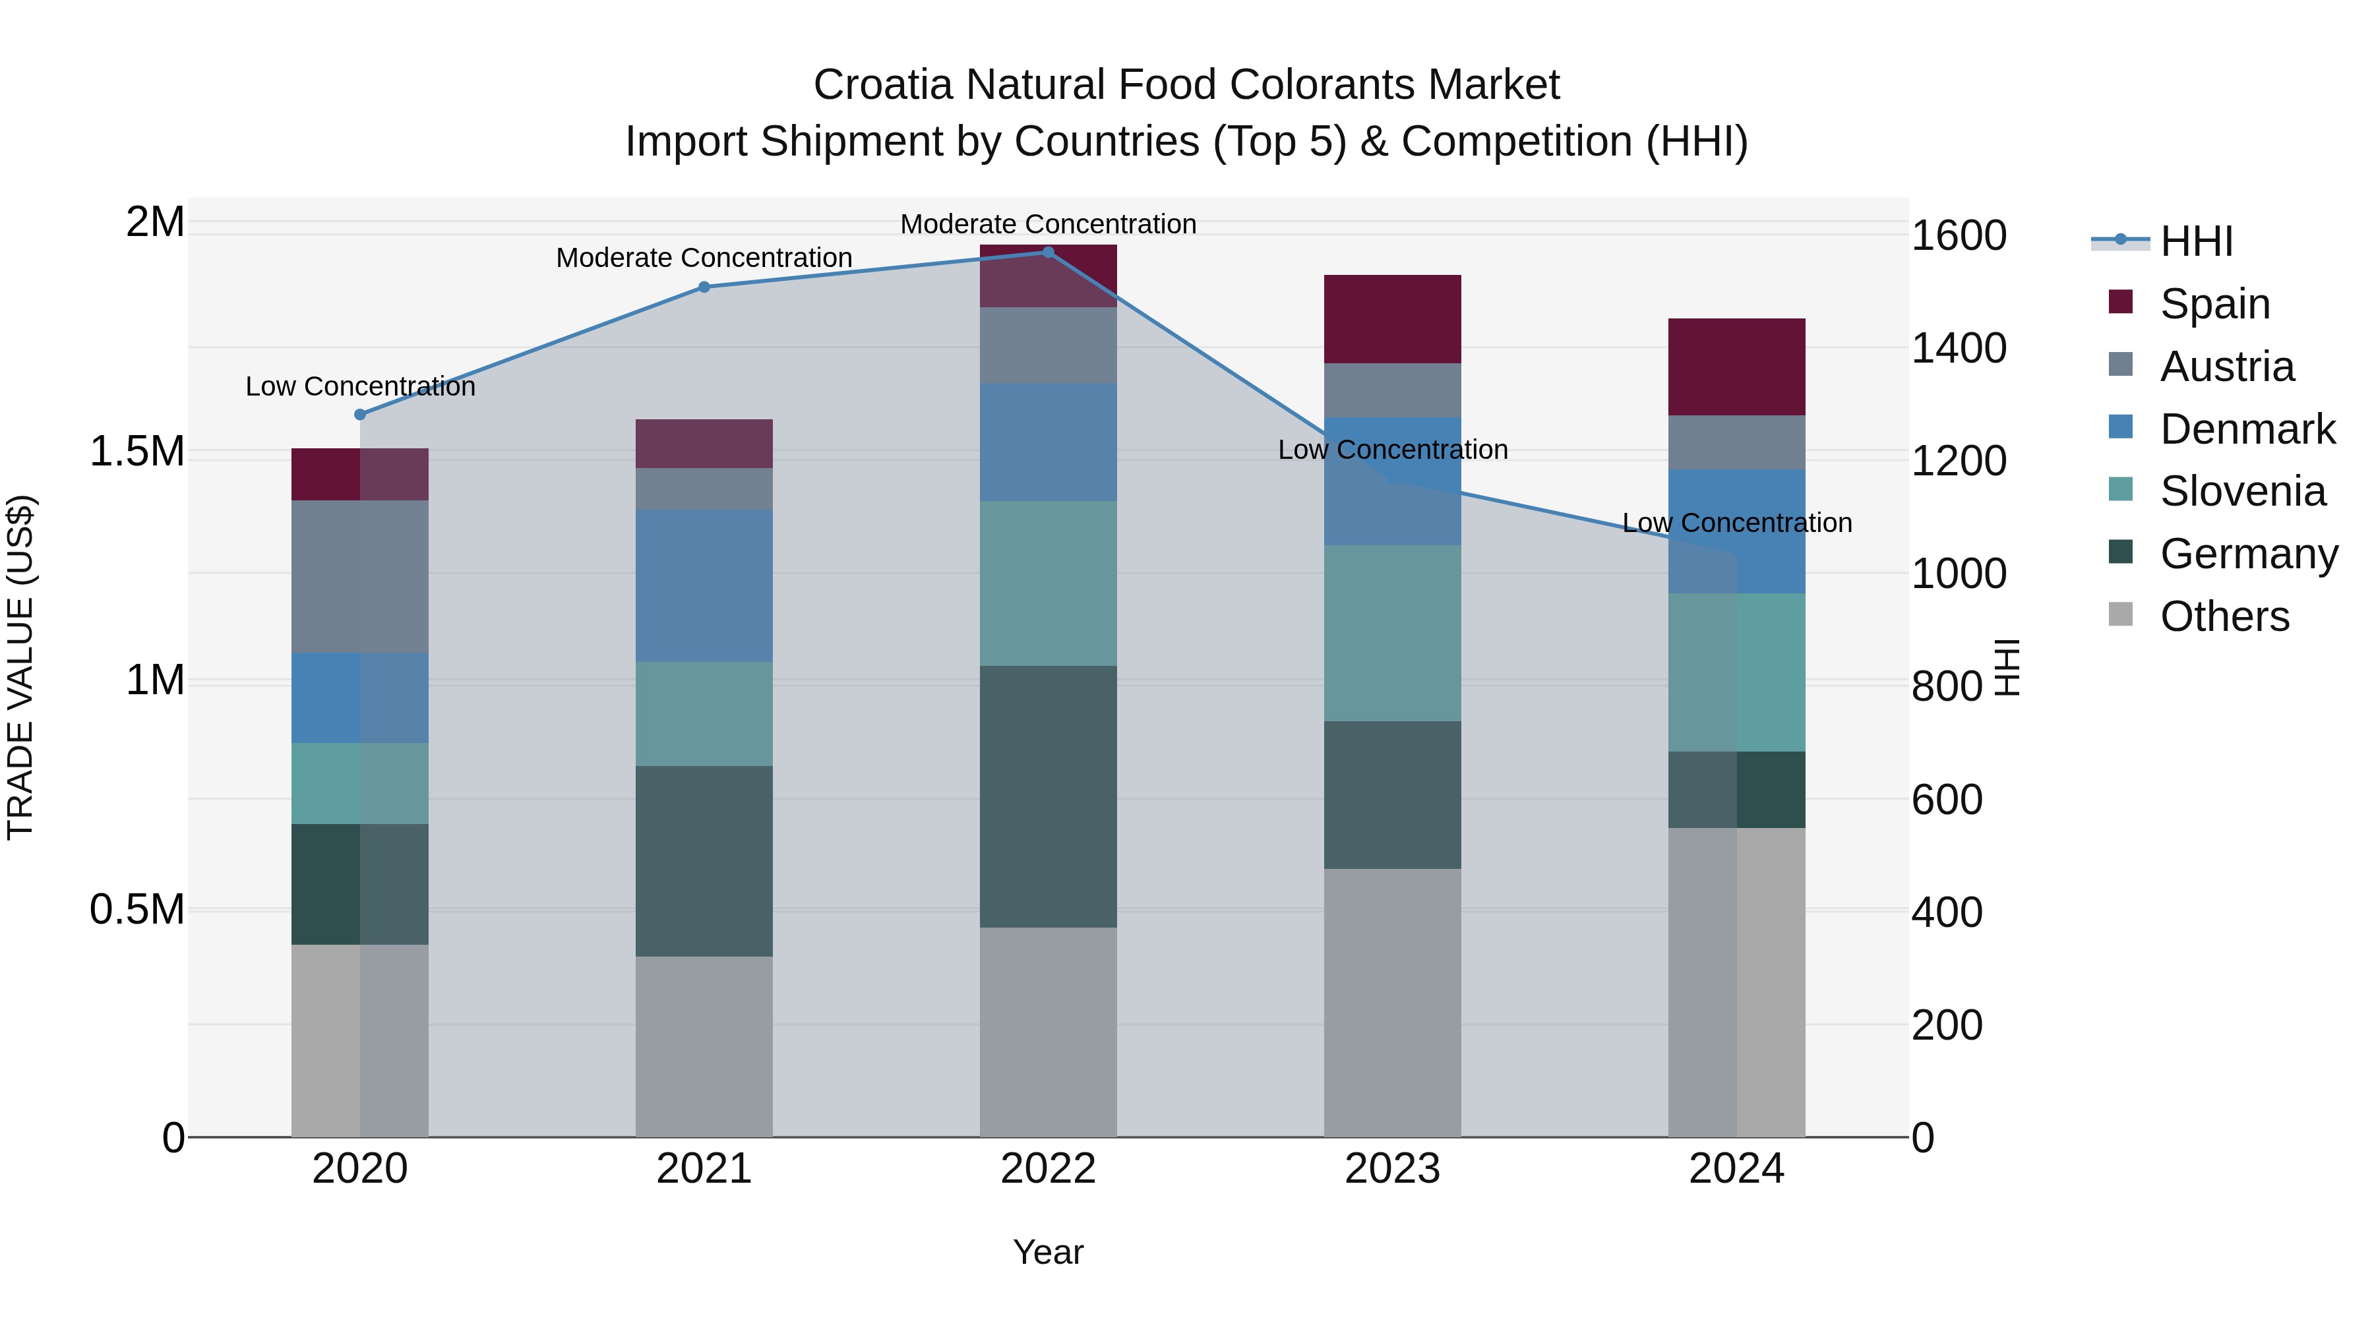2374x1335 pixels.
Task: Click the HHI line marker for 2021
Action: [x=704, y=287]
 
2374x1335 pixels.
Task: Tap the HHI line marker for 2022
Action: [x=1048, y=252]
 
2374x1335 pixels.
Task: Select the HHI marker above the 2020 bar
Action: [x=360, y=415]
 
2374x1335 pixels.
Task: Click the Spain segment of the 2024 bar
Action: [x=1736, y=367]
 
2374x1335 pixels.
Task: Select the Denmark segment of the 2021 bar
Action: [x=704, y=586]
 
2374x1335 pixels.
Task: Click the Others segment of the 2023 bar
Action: [x=1393, y=1002]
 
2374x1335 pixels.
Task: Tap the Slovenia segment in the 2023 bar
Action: [x=1393, y=633]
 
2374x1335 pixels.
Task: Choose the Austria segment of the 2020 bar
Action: [x=360, y=577]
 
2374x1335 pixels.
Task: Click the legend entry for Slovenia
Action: [x=2241, y=491]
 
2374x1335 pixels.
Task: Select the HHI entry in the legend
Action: [x=2195, y=241]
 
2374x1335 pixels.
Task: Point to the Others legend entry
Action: [x=2223, y=616]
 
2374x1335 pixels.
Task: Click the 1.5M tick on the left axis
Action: [x=137, y=452]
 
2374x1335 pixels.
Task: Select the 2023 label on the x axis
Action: [x=1393, y=1169]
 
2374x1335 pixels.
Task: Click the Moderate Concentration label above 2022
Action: [x=1048, y=224]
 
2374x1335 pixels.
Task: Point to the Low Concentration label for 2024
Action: [x=1736, y=522]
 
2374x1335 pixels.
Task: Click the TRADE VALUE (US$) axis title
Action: [x=20, y=667]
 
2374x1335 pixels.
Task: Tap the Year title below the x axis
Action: [x=1048, y=1252]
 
